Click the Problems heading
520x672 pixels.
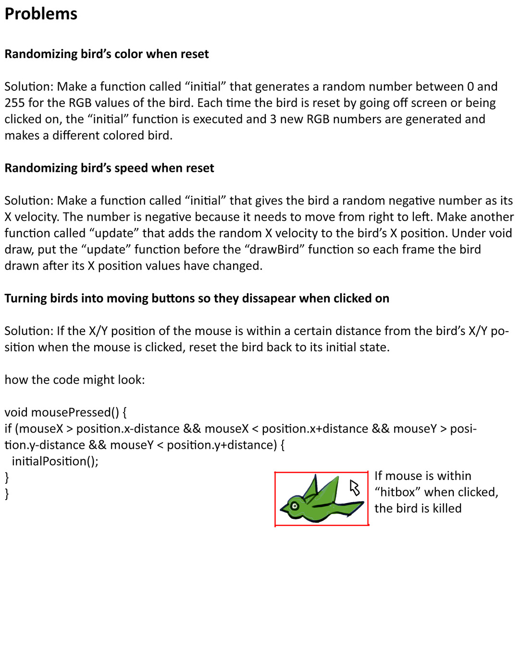click(41, 14)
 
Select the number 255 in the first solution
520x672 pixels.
click(14, 103)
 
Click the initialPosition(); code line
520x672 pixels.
click(55, 461)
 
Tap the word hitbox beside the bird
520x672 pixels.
click(397, 492)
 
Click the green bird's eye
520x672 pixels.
click(295, 505)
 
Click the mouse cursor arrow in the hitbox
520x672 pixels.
click(355, 488)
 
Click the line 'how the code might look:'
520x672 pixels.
click(74, 380)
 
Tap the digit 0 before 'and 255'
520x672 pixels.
click(470, 87)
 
